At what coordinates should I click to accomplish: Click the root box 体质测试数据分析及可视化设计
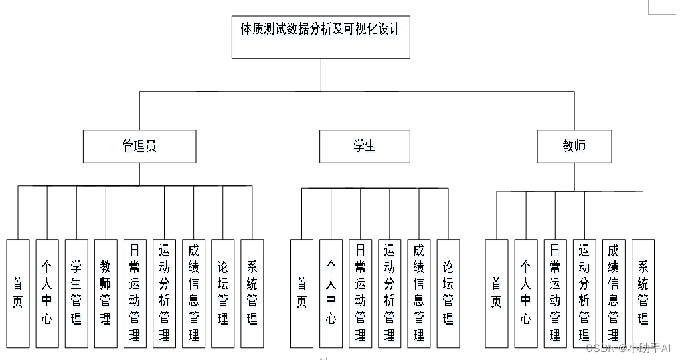[x=321, y=37]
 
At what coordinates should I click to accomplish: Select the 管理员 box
[x=139, y=146]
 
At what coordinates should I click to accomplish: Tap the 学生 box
[x=365, y=146]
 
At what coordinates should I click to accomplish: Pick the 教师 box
[x=574, y=146]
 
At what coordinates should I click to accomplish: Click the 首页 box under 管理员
[x=18, y=293]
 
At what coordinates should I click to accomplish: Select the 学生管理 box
[x=76, y=293]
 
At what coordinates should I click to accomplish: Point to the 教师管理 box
[x=106, y=293]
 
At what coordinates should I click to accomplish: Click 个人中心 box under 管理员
[x=47, y=293]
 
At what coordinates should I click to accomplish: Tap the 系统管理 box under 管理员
[x=252, y=293]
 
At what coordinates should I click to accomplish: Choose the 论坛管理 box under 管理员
[x=222, y=293]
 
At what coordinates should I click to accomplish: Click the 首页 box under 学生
[x=301, y=293]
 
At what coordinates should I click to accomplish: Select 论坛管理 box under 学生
[x=448, y=293]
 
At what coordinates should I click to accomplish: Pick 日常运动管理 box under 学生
[x=360, y=293]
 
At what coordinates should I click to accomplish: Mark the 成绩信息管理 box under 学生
[x=418, y=293]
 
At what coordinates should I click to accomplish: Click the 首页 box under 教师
[x=496, y=293]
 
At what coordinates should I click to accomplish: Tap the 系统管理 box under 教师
[x=643, y=293]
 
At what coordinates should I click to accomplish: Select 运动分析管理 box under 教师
[x=584, y=293]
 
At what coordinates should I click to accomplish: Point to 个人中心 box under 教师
[x=525, y=293]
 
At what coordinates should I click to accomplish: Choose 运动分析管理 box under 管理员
[x=164, y=293]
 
